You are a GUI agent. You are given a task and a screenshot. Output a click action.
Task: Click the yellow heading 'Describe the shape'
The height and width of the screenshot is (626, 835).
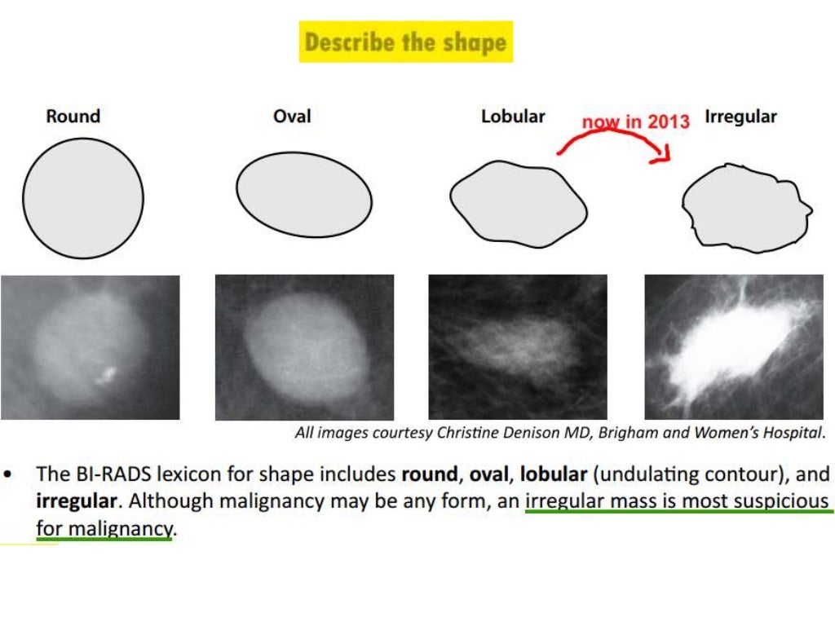click(405, 42)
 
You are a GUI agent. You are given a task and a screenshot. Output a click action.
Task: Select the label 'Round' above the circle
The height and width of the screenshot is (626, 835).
click(73, 117)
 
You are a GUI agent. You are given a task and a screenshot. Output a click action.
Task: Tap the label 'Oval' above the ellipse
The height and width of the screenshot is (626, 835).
click(292, 117)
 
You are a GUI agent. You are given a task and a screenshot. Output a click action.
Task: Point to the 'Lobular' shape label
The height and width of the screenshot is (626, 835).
click(513, 117)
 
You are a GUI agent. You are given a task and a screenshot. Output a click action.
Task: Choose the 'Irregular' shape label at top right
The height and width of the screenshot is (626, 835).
click(741, 117)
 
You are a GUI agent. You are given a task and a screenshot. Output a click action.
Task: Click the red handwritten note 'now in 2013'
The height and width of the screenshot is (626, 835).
click(635, 122)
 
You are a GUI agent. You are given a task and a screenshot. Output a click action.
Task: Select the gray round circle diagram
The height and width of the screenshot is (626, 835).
click(82, 198)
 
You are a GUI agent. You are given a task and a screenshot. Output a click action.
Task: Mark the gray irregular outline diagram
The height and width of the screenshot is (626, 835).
click(745, 205)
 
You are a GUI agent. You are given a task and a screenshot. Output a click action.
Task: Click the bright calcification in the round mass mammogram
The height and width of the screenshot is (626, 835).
click(104, 375)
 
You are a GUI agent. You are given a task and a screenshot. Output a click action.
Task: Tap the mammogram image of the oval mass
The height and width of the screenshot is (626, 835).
click(304, 347)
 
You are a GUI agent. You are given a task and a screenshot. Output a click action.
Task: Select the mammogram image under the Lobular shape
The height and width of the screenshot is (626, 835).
click(518, 347)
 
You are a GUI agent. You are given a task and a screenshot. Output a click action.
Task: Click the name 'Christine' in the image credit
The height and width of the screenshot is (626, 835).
click(467, 433)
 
